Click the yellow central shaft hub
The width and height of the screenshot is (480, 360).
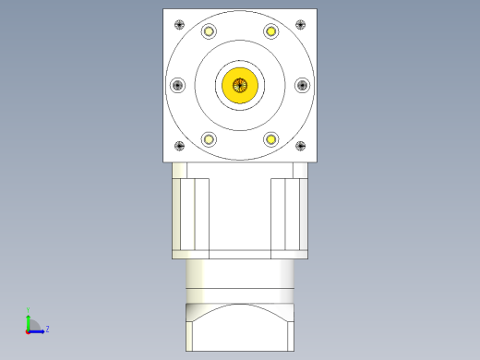pyautogui.click(x=240, y=85)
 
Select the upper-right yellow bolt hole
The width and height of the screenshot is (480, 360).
pyautogui.click(x=271, y=31)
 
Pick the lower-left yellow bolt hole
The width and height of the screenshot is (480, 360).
pyautogui.click(x=210, y=139)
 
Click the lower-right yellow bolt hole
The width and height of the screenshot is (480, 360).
pyautogui.click(x=271, y=139)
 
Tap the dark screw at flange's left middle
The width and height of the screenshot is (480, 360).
pyautogui.click(x=178, y=85)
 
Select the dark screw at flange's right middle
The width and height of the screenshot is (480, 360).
pyautogui.click(x=302, y=85)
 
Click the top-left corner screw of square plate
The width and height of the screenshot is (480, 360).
pyautogui.click(x=179, y=24)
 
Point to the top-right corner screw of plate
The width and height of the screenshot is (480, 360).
pyautogui.click(x=300, y=24)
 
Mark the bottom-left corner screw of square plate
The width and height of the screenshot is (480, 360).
pyautogui.click(x=179, y=146)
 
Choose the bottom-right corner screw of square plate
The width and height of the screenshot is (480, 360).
pyautogui.click(x=300, y=146)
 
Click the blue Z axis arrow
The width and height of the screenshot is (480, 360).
pyautogui.click(x=38, y=329)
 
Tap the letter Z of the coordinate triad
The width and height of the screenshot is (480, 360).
pyautogui.click(x=47, y=328)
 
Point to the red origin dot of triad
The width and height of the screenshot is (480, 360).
pyautogui.click(x=28, y=330)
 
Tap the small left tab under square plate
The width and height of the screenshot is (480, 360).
pyautogui.click(x=179, y=170)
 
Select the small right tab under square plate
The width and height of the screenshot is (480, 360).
pyautogui.click(x=300, y=170)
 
